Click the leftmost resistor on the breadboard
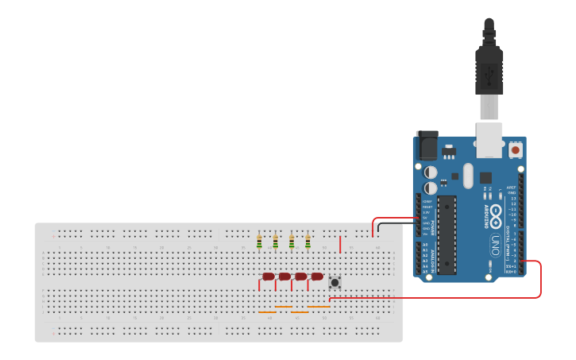(x=259, y=242)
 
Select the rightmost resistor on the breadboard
(x=307, y=242)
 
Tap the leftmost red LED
(x=268, y=277)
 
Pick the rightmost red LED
(x=317, y=277)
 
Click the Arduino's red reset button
(x=516, y=149)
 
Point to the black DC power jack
(x=427, y=145)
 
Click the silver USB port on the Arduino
(x=489, y=140)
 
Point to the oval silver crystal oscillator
(x=468, y=176)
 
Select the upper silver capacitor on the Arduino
(x=431, y=172)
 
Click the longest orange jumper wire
(x=319, y=307)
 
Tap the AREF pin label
(x=512, y=188)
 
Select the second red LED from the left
(x=284, y=277)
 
